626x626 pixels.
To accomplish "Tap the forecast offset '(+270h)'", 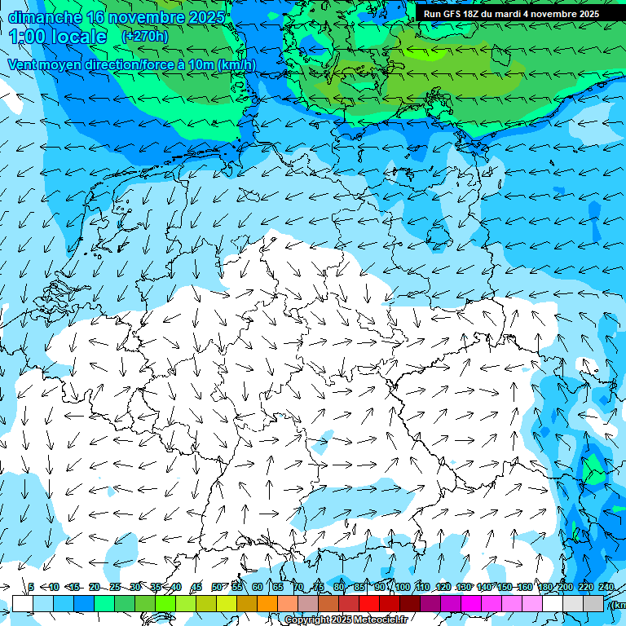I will click(x=144, y=36).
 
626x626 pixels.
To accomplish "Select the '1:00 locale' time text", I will click(x=58, y=37).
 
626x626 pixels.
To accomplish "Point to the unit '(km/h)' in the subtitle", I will click(x=236, y=65).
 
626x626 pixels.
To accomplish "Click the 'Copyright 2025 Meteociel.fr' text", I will click(x=346, y=620).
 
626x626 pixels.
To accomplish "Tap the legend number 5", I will click(x=31, y=587).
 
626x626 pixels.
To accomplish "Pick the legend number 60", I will click(x=258, y=587).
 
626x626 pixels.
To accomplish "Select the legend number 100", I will click(x=403, y=587).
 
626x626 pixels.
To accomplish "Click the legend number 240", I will click(x=606, y=587).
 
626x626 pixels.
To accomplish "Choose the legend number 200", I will click(x=565, y=587).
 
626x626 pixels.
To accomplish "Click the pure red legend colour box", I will click(x=369, y=603).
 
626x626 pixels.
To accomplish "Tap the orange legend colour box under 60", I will click(x=267, y=603).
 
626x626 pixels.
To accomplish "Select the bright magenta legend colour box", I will click(x=471, y=603).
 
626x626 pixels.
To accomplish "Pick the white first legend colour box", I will click(x=22, y=603).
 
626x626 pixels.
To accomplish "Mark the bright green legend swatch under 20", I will click(x=104, y=603).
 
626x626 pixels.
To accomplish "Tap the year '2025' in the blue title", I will click(x=206, y=16).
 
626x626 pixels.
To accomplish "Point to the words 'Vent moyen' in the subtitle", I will click(x=40, y=65).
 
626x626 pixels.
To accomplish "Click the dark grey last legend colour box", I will click(x=593, y=603).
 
